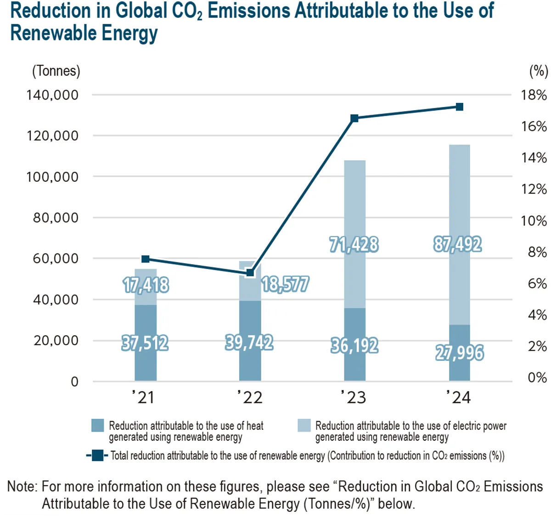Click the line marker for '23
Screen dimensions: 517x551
(354, 118)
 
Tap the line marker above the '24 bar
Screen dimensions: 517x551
(459, 107)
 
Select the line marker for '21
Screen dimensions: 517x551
(146, 259)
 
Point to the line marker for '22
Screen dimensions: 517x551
(250, 273)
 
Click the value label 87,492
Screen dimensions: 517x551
(457, 244)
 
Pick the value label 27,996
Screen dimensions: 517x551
(459, 353)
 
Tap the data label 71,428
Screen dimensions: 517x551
(354, 244)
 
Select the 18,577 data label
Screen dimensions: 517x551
(285, 285)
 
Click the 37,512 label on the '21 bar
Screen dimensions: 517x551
(145, 343)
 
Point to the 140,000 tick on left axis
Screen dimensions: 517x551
(52, 95)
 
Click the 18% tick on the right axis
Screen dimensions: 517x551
(534, 95)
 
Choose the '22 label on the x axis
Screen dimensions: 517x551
(250, 397)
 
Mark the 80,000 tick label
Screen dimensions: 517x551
(56, 218)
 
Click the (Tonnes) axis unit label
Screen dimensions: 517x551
(56, 71)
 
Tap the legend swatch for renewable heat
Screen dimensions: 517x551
(98, 426)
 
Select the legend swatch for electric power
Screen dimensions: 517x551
(304, 426)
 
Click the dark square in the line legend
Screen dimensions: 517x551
(97, 455)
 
